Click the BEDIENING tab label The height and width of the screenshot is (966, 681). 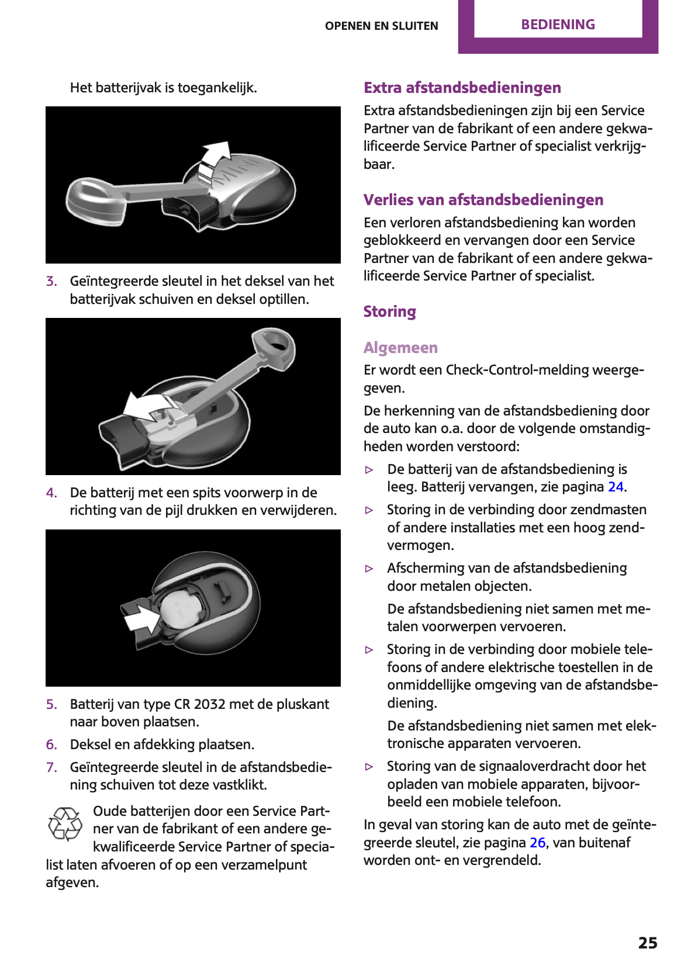tap(558, 25)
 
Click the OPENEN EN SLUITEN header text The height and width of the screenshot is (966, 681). tap(381, 26)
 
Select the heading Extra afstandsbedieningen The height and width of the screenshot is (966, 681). tap(462, 88)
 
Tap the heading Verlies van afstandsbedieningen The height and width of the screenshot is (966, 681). tap(483, 200)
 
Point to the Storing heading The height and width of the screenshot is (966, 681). tap(389, 311)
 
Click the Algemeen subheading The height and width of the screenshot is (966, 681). tap(400, 348)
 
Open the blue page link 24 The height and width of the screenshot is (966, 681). tap(616, 487)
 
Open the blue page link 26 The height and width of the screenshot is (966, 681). tap(537, 843)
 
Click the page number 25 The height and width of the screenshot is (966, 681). tap(648, 943)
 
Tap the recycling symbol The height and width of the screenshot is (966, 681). tap(65, 824)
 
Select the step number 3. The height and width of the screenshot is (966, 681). tap(51, 281)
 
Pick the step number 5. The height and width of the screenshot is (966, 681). tap(51, 704)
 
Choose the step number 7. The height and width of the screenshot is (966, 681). tap(51, 767)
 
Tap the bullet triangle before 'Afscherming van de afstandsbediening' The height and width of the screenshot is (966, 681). tap(369, 569)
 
